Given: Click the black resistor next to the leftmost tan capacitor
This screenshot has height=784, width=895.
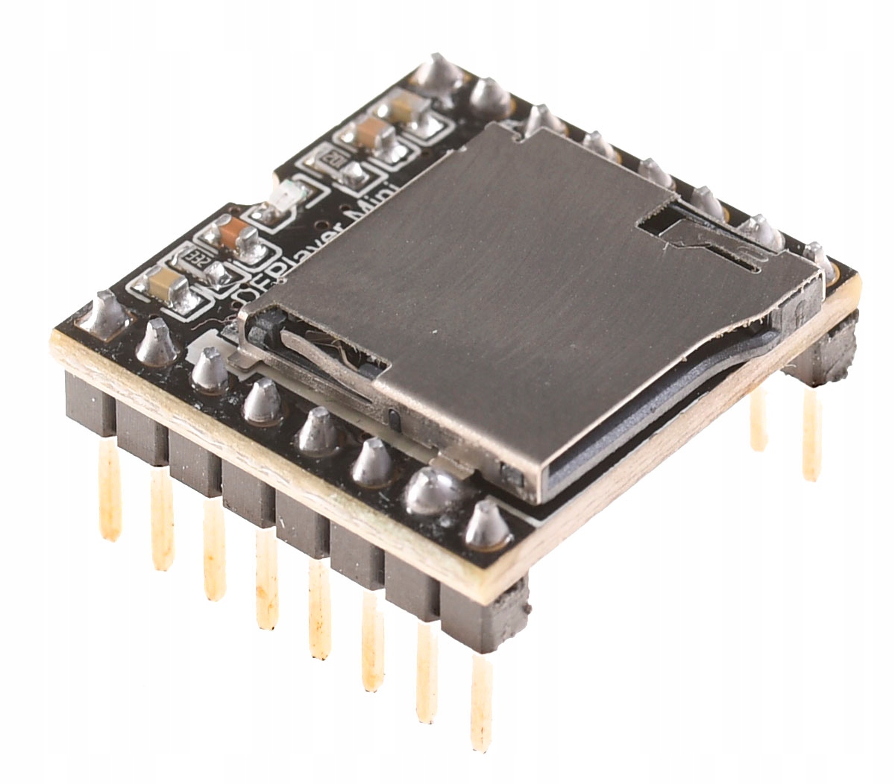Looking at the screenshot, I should (x=198, y=259).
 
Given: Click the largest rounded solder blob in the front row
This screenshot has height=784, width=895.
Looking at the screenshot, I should (x=433, y=490).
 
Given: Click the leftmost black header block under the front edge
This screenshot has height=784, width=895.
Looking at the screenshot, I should (x=89, y=402).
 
